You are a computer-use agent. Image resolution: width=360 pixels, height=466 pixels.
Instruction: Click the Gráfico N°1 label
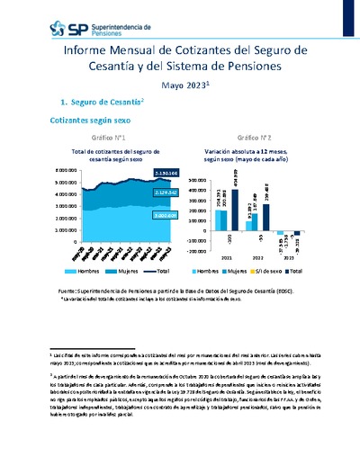tap(112, 138)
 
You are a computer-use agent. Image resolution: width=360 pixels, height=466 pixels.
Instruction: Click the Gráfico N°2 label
tap(251, 138)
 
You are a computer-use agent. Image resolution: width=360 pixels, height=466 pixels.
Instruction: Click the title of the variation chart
tap(251, 156)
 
